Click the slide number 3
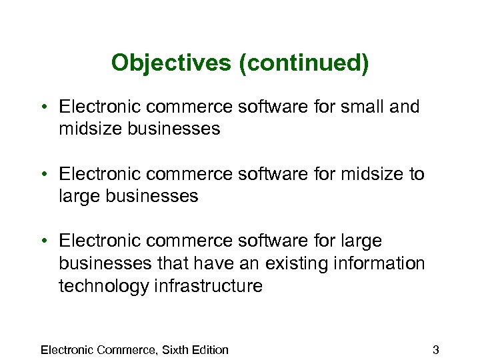pos(435,349)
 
